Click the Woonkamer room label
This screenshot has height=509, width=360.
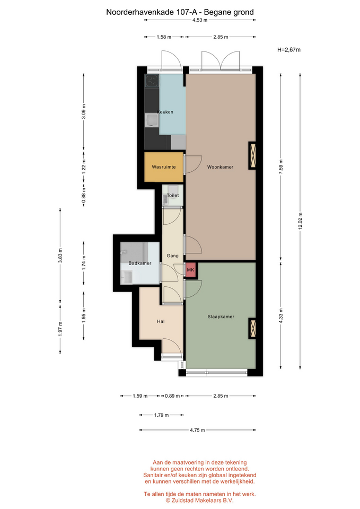tap(220, 167)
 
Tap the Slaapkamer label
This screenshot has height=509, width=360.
tap(221, 317)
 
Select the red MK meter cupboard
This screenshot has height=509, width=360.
tap(190, 270)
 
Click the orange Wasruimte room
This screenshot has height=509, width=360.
tap(164, 167)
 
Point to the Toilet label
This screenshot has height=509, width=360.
tap(173, 196)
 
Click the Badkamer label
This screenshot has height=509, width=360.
tap(140, 264)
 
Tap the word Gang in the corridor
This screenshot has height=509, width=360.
tap(172, 256)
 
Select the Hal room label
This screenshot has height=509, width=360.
tap(161, 321)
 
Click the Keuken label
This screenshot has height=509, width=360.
tap(165, 112)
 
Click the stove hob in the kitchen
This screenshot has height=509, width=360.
tap(152, 81)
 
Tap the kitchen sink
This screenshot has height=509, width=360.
tap(152, 120)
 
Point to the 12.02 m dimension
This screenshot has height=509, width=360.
tap(300, 221)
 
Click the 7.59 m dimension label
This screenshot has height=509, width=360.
tap(281, 166)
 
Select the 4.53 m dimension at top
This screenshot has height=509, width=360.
tap(200, 20)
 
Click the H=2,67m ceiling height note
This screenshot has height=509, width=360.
tap(289, 50)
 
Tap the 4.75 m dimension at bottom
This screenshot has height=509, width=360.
tap(197, 430)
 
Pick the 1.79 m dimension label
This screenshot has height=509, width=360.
tap(161, 415)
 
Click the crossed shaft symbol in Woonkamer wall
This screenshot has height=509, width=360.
tap(252, 155)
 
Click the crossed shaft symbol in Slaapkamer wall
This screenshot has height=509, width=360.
tap(252, 328)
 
